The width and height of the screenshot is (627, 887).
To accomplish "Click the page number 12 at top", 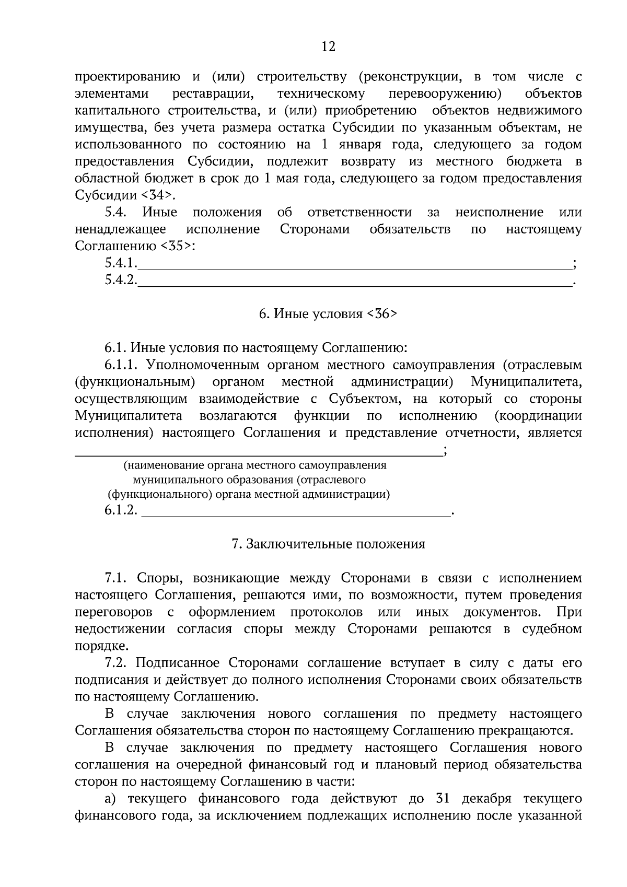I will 328,47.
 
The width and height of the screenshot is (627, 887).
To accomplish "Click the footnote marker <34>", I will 156,195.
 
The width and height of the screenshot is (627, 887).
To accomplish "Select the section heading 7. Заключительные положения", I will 328,544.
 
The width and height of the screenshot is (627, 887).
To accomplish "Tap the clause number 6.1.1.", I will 123,365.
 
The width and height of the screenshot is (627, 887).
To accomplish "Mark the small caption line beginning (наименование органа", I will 255,465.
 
